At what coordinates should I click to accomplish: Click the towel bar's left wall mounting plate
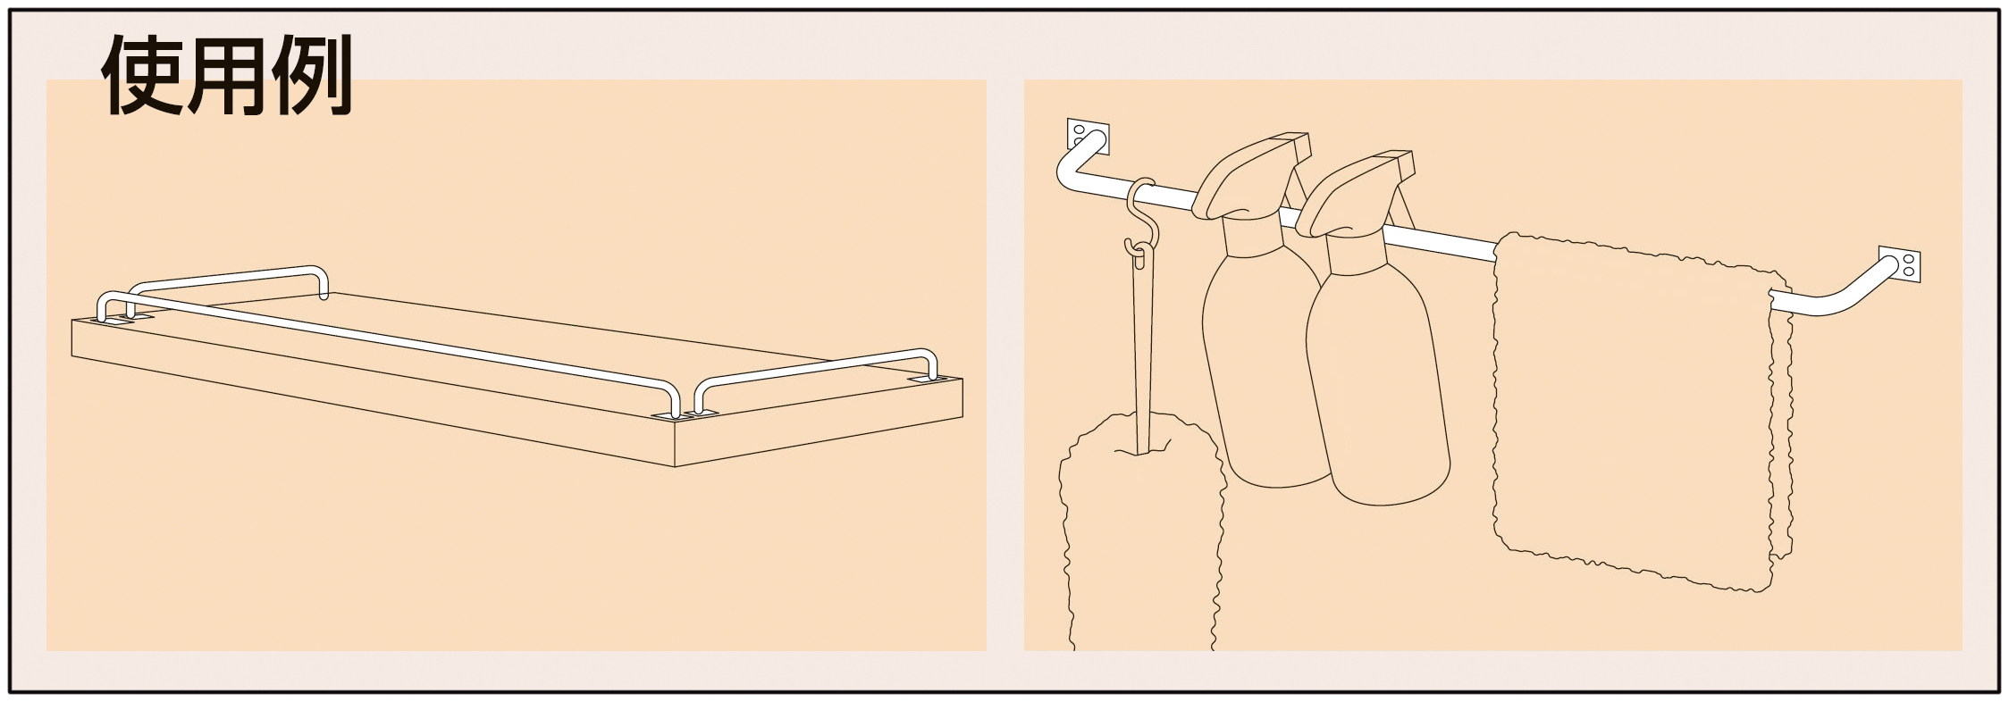[x=1088, y=136]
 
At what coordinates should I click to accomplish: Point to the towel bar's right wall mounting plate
[x=1899, y=265]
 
